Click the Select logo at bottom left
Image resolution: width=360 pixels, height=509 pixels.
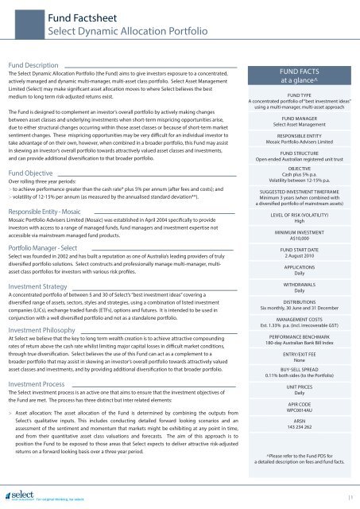(19, 494)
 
